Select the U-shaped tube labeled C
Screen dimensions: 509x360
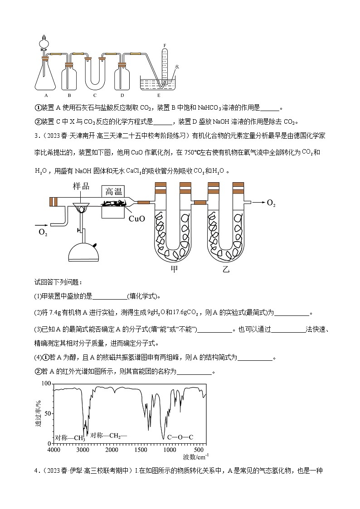coord(95,73)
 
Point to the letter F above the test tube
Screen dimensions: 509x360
coord(165,45)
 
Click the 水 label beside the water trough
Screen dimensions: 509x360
coord(177,67)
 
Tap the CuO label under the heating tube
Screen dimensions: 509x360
coord(136,219)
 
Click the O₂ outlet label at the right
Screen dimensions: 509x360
coord(271,203)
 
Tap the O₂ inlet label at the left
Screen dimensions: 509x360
coord(43,233)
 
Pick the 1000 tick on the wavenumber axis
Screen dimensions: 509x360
coord(170,450)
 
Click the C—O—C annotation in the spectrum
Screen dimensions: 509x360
coord(180,437)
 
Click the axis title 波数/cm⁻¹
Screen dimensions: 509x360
coord(196,456)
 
